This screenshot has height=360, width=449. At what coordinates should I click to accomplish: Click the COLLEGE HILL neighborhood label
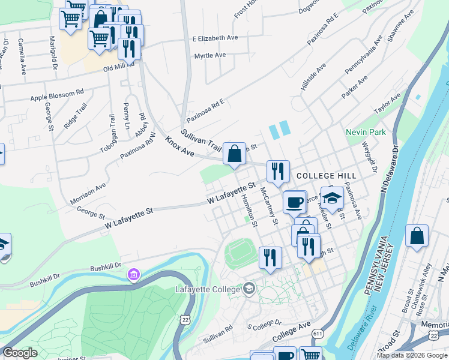tap(327, 176)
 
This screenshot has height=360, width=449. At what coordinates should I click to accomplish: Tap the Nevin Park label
tap(365, 132)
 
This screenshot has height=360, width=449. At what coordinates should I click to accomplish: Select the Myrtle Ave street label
tap(209, 56)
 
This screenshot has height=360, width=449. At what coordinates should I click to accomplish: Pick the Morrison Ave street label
tap(88, 193)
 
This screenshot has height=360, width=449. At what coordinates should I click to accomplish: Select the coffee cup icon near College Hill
tap(294, 202)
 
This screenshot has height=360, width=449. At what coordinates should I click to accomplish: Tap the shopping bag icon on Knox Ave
tap(234, 154)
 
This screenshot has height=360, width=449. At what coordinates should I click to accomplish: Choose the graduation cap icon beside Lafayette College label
tap(248, 290)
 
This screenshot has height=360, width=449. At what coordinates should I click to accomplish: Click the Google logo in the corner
tap(20, 353)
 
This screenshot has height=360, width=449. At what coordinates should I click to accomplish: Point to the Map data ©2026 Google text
tap(411, 355)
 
